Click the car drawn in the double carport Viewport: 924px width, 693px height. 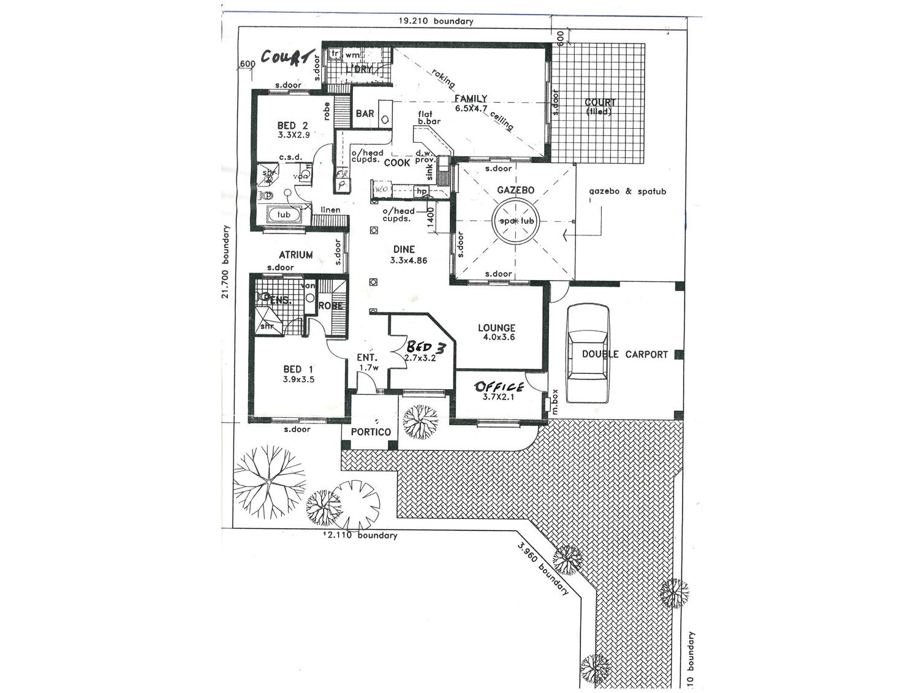[588, 355]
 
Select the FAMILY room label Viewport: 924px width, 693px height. [470, 99]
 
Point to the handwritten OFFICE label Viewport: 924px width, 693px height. [499, 386]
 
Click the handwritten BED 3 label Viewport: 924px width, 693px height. [429, 348]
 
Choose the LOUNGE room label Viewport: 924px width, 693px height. [496, 328]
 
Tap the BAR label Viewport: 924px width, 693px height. [365, 114]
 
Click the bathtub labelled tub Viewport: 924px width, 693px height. [284, 215]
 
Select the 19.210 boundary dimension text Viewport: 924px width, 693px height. [436, 21]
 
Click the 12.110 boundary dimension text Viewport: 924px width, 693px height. [362, 536]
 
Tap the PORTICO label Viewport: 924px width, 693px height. [371, 432]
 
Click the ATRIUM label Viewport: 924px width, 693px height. [296, 255]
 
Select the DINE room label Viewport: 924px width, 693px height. [404, 249]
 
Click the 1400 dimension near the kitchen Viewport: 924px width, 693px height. [431, 218]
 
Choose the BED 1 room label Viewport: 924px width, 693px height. [298, 369]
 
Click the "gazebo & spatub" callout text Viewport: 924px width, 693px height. [627, 191]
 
